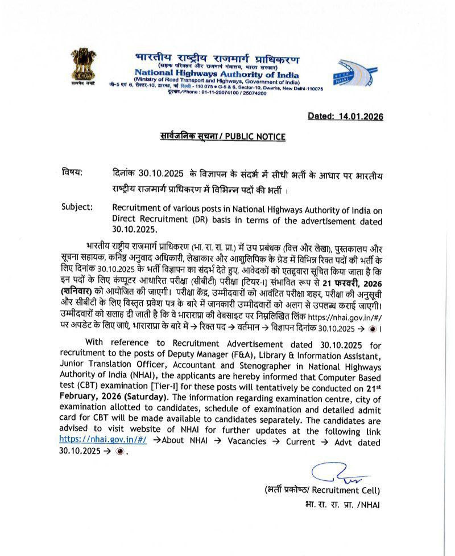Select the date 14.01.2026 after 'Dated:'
click(361, 116)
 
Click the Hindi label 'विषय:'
click(72, 172)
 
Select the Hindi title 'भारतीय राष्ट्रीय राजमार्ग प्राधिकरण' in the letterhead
click(217, 59)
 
